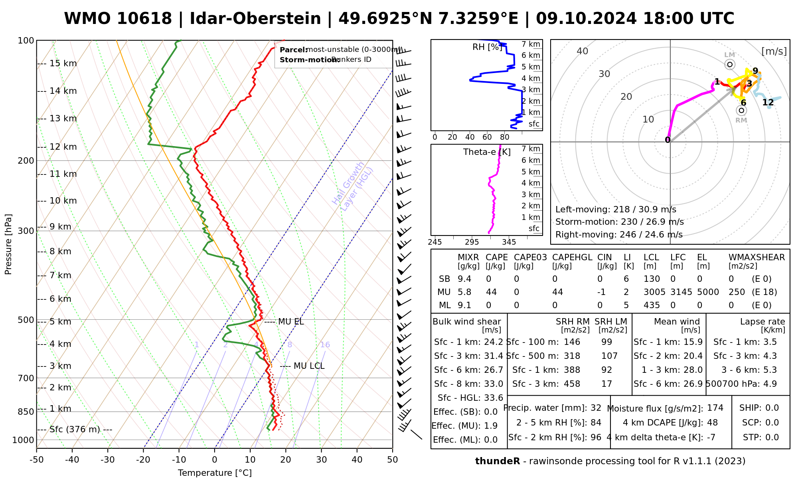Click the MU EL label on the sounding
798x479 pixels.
coord(290,322)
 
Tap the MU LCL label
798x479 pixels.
coord(308,366)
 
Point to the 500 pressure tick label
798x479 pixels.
coord(26,320)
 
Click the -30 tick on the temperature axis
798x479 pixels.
coord(107,460)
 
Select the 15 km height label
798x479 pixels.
coord(63,63)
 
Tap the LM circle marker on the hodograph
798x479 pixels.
coord(730,64)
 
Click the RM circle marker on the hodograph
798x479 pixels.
coord(741,111)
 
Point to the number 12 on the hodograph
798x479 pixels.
coord(768,103)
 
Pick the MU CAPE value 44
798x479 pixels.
coord(491,292)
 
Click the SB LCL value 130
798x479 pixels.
coord(652,279)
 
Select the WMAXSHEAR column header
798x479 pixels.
coord(757,257)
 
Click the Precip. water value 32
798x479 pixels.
coord(596,408)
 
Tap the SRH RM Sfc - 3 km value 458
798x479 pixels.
coord(572,384)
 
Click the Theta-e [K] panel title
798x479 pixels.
coord(487,152)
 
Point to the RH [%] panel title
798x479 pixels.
coord(487,47)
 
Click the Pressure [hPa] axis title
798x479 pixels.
coord(8,244)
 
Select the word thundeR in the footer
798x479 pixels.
coord(497,461)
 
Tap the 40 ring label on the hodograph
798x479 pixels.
coord(583,51)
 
